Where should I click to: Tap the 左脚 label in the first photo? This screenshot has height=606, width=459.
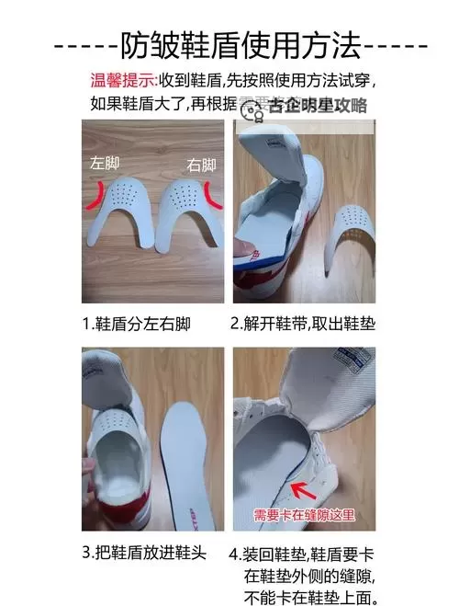(x=104, y=167)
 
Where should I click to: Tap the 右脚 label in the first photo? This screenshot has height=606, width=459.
(x=201, y=166)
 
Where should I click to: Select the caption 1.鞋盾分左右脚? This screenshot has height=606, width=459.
(x=135, y=325)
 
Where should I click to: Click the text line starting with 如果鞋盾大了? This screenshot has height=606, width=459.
(x=165, y=104)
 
